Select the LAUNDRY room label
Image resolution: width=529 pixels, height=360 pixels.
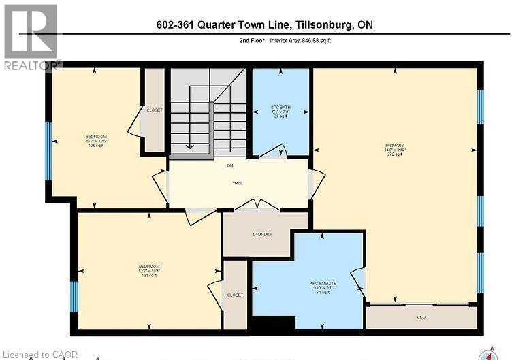coord(262,234)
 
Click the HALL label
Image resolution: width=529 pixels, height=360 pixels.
coord(238,182)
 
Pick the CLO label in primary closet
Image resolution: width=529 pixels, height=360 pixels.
coord(421,316)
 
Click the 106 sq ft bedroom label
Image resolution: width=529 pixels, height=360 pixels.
coord(96,140)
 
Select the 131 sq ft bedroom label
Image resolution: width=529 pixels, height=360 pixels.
coord(149,269)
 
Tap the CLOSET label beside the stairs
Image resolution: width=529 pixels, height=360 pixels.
coord(155,110)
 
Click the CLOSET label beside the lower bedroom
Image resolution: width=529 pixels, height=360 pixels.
coord(235,295)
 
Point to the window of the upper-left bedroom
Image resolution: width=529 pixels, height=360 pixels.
coord(48,150)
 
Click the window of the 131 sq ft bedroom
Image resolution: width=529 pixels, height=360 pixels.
coord(74,296)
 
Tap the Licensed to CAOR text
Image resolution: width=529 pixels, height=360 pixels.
coord(40,354)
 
